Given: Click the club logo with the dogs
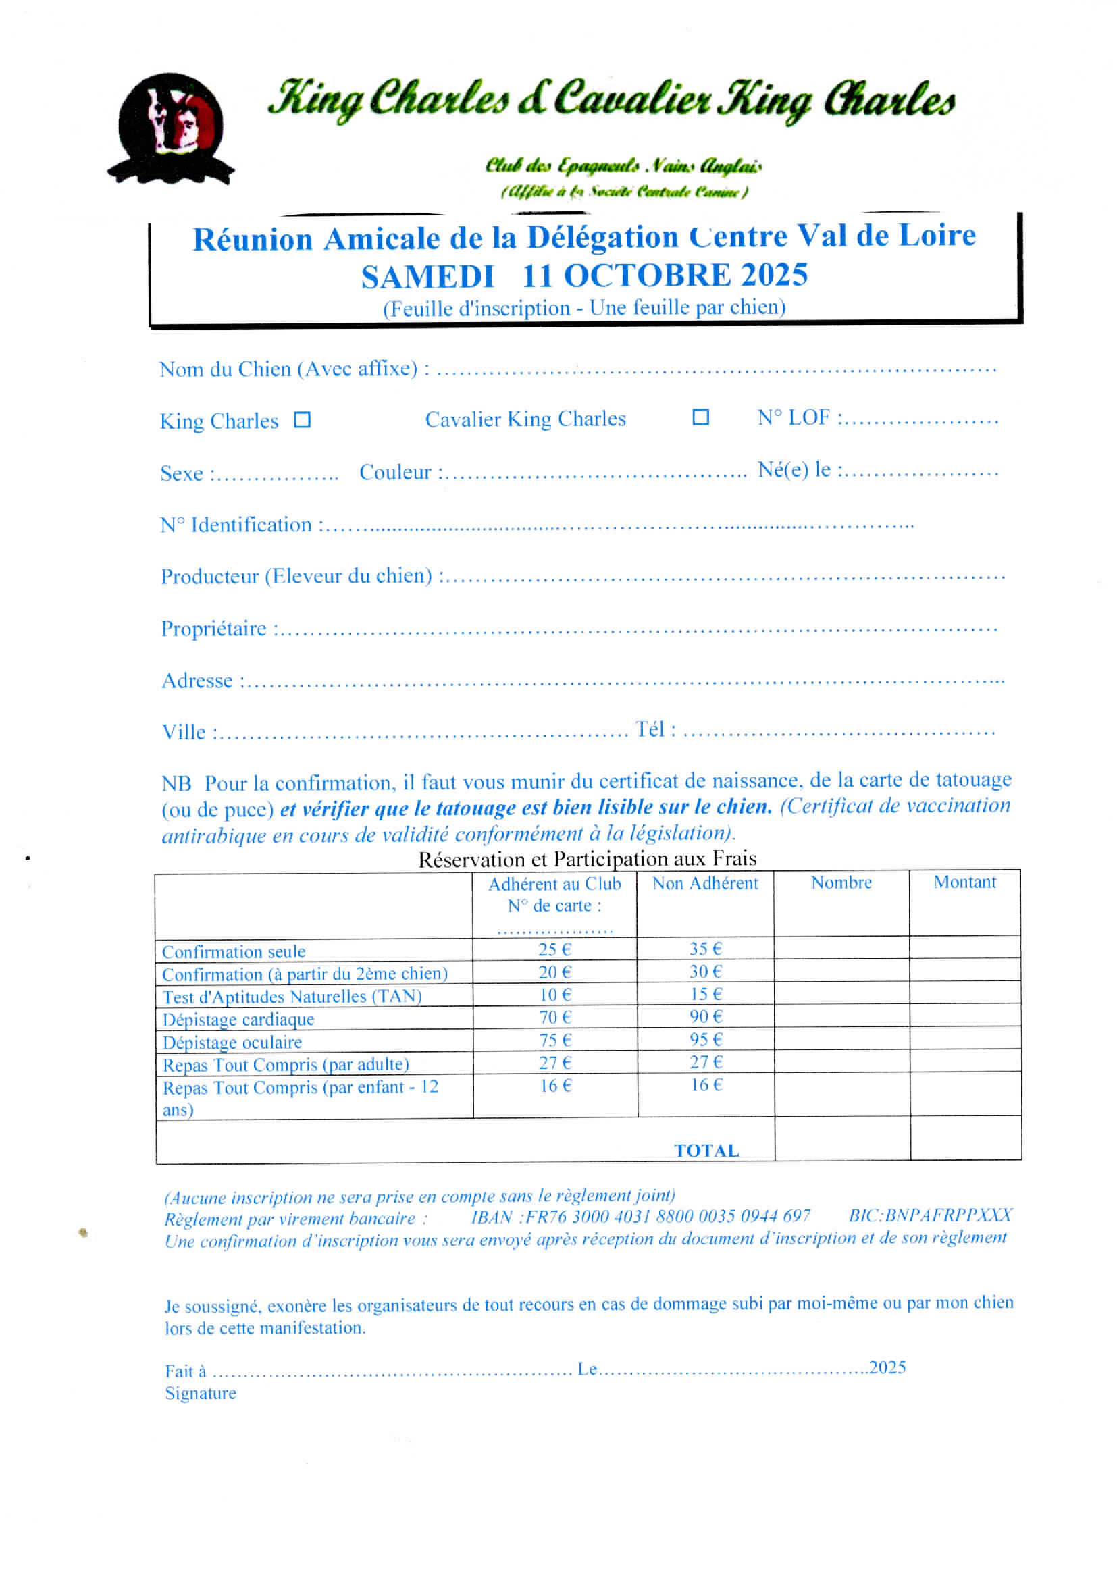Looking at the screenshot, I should point(171,128).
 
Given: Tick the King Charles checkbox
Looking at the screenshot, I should point(302,419).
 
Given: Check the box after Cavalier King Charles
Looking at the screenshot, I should point(700,417).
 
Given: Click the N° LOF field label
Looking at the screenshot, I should point(795,417).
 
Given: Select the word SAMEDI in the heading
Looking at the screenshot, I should point(427,276).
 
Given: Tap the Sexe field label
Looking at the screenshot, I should point(182,473).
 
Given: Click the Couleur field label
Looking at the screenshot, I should point(396,472).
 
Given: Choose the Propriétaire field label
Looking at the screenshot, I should point(214,628).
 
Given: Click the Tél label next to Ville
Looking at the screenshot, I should point(650,729).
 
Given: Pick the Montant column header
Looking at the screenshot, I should point(964,881).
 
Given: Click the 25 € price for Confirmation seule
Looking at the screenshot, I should point(554,949).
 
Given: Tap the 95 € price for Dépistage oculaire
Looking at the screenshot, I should point(706,1039).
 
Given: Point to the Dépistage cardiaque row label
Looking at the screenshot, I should point(238,1019).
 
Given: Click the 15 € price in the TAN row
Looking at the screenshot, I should point(706,993).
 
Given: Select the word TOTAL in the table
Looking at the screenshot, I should point(706,1151).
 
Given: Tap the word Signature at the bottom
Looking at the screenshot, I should point(200,1392).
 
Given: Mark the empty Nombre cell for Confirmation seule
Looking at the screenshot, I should point(841,949).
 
